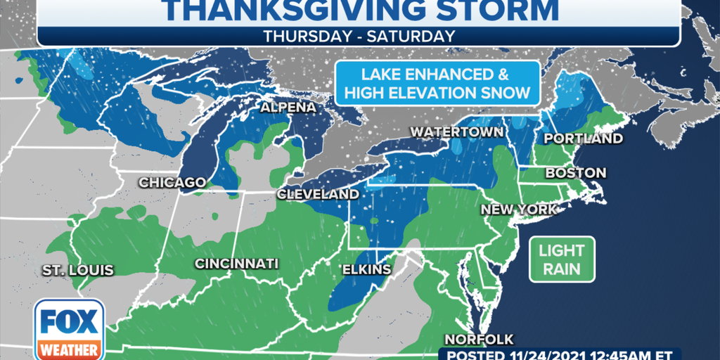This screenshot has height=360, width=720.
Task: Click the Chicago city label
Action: (x=172, y=183)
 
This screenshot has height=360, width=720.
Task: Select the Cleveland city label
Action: (x=317, y=194)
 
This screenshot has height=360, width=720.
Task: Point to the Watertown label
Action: (x=456, y=132)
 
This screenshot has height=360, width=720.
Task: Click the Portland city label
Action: (x=584, y=139)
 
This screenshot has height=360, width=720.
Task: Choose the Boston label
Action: (x=576, y=173)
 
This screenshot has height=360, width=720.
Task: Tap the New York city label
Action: (x=519, y=210)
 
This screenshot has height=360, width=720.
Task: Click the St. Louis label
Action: (x=77, y=270)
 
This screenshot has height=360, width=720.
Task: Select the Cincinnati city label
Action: (x=236, y=264)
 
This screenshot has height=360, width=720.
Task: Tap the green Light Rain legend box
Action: (x=562, y=259)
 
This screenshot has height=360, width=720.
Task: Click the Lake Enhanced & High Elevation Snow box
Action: (x=437, y=83)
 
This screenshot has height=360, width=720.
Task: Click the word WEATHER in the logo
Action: (x=68, y=349)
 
